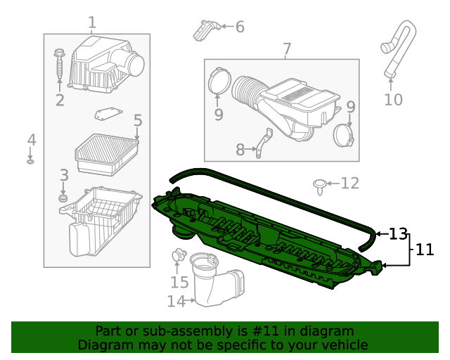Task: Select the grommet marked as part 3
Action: pos(63,199)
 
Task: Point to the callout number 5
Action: pos(137,121)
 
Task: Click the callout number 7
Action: pos(286,49)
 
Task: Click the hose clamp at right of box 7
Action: pos(342,134)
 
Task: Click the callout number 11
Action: pos(424,249)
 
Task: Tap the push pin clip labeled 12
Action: pos(321,185)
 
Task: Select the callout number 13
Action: pos(398,233)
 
